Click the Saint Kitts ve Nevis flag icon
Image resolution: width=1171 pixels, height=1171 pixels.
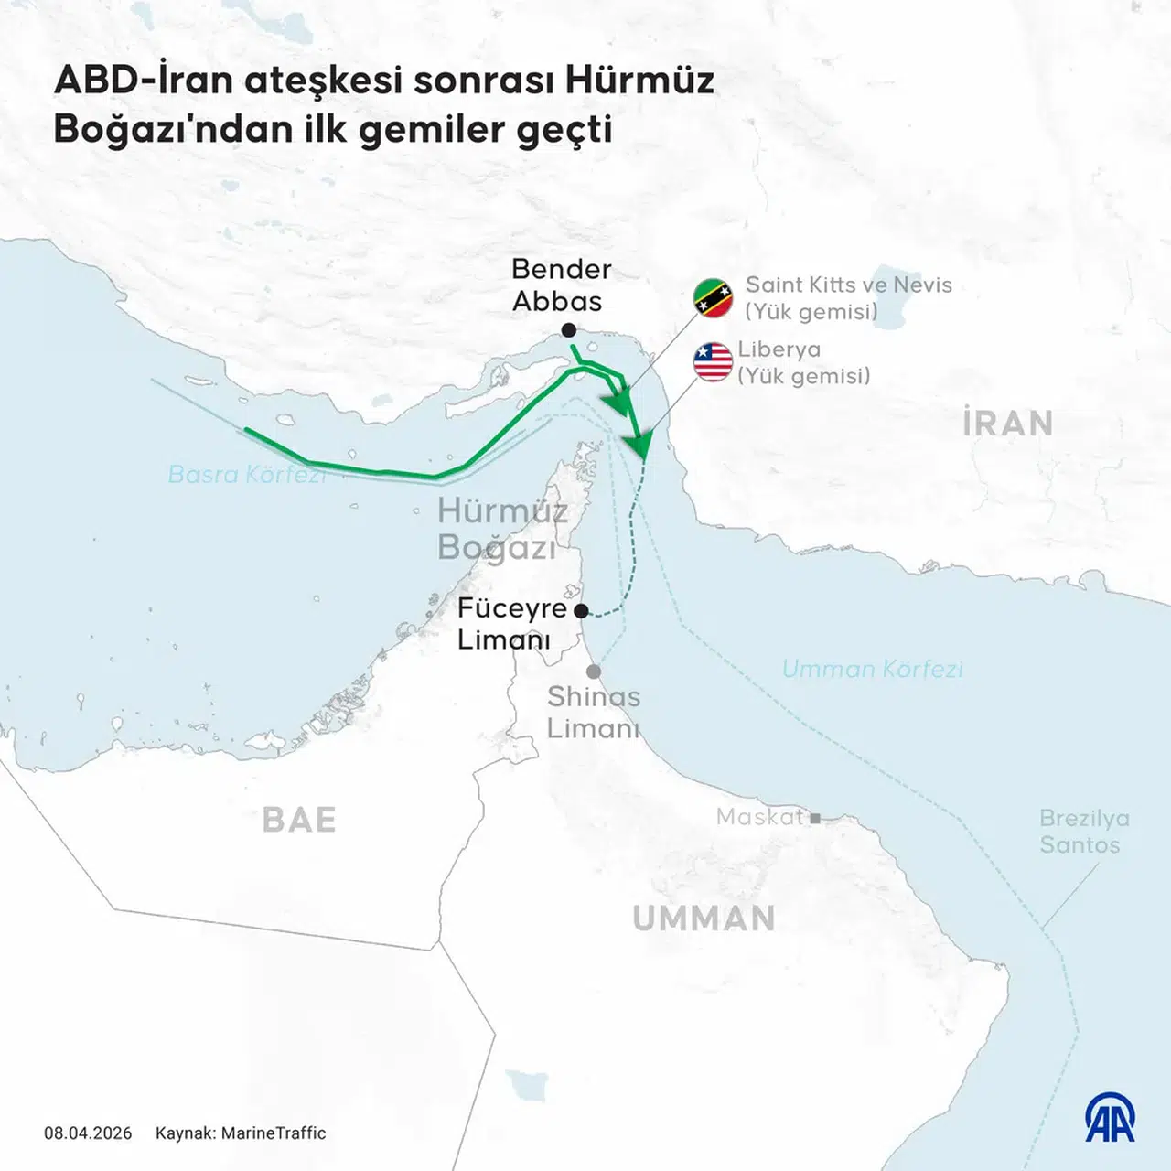point(714,298)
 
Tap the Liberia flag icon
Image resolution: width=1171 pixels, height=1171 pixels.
point(713,361)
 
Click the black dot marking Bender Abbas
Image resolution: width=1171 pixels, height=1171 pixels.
point(569,329)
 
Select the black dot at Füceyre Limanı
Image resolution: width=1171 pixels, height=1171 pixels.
point(581,610)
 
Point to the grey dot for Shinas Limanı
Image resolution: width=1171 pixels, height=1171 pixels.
point(594,671)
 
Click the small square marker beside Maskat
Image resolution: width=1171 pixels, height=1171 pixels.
point(815,819)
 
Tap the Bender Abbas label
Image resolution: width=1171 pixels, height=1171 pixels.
point(560,285)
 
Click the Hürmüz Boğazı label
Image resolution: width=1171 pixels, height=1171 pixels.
point(501,528)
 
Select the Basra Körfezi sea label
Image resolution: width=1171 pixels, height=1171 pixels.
point(247,474)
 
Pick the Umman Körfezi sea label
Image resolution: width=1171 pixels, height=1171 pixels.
point(872,669)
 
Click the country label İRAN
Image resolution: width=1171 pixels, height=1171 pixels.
point(1007,424)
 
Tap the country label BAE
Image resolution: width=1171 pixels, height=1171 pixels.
point(299,820)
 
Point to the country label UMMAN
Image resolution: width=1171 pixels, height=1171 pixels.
point(704,919)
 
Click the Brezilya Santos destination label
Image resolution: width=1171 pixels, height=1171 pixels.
point(1084,831)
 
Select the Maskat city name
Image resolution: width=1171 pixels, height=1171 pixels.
point(759,816)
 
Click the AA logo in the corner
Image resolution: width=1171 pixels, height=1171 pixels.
point(1110,1117)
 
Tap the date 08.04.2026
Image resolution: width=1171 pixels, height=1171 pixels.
point(88,1133)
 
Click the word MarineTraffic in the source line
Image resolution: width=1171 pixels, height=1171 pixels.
point(274,1133)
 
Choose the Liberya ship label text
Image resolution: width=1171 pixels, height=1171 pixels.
point(779,349)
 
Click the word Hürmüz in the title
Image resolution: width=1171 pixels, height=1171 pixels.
point(639,81)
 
